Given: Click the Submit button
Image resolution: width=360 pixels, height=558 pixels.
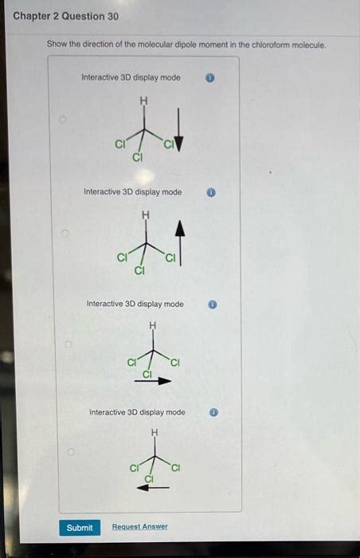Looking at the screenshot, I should coord(80,527).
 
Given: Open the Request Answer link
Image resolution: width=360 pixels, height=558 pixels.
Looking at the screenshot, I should coord(140,527).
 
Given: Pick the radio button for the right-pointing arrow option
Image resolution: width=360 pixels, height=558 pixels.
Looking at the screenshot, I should coord(69,345).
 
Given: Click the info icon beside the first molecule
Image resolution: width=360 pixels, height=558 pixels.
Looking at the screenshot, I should coord(210,78).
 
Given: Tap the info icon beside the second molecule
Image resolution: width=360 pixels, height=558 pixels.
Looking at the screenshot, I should coord(211,192).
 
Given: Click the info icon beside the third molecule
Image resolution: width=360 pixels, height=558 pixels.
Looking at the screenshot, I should coord(213,304).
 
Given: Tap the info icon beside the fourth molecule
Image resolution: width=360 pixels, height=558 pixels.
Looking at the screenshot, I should coord(214,412).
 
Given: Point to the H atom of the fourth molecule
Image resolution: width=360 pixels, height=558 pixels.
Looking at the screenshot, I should coord(155,432).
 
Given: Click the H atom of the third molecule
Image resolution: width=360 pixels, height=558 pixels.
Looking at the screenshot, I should coord(152,324).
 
